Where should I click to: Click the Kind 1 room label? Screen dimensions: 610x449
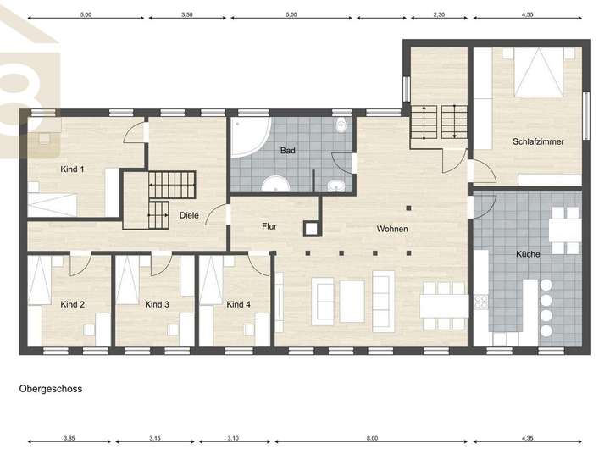(x=72, y=169)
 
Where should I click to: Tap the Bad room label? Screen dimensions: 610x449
(x=287, y=151)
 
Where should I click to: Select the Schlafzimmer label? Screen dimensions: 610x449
(x=538, y=141)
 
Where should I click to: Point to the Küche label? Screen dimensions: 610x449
(x=528, y=254)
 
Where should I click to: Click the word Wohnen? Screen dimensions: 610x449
(x=392, y=229)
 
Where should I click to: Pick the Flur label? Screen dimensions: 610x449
(x=269, y=226)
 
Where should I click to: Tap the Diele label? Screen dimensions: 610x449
(x=189, y=215)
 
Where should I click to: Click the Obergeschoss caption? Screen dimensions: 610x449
(x=51, y=389)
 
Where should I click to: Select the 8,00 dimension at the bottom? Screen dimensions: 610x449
(x=372, y=438)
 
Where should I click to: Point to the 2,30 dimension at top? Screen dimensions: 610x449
(x=439, y=14)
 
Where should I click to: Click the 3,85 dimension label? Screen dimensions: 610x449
(x=69, y=438)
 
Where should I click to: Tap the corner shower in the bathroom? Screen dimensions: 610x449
(x=251, y=137)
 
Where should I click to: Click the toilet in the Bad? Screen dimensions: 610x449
(x=341, y=125)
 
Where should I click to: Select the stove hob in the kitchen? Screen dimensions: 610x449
(x=481, y=302)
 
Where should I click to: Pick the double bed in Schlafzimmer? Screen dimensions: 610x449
(x=539, y=72)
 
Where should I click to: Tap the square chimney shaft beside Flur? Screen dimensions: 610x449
(x=311, y=229)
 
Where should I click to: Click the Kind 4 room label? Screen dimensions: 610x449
(x=238, y=304)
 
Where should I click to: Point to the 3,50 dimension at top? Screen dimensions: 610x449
(x=186, y=14)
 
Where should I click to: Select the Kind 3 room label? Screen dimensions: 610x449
(x=157, y=304)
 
